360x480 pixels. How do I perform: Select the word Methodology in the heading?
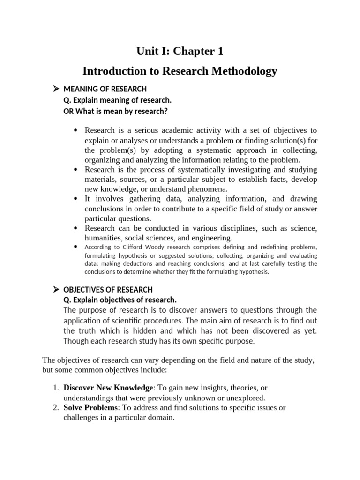point(246,71)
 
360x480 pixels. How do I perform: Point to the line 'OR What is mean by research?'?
point(115,111)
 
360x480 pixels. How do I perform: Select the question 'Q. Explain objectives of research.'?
point(120,300)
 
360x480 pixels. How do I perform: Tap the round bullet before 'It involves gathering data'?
point(75,199)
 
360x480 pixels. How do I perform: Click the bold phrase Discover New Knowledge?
point(109,388)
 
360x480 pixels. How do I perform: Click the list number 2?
point(55,408)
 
